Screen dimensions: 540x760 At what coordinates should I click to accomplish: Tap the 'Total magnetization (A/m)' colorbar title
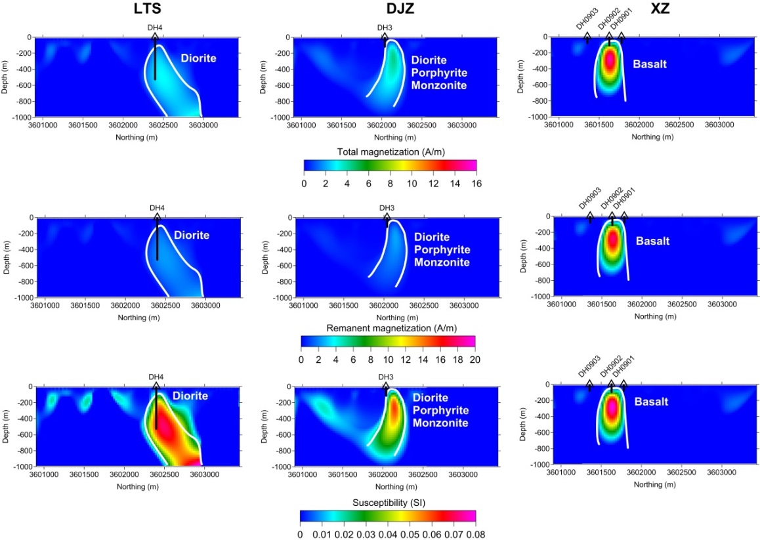(x=390, y=152)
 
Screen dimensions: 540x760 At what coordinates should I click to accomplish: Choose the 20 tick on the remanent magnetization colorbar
(x=475, y=359)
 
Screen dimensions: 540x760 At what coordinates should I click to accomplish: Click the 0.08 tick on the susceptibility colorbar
(x=475, y=533)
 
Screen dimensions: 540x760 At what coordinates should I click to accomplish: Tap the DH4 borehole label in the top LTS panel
(x=155, y=28)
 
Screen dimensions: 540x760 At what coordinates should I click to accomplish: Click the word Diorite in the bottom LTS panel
(x=190, y=396)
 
